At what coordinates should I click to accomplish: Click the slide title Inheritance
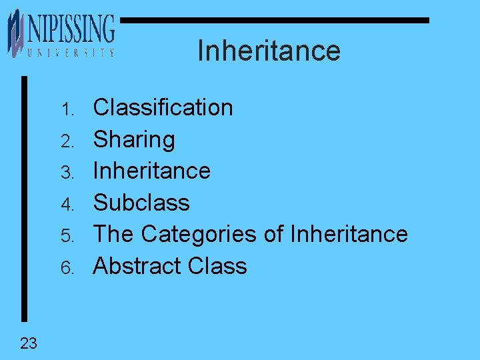269,51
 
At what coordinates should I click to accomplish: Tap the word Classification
163,107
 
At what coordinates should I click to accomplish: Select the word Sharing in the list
134,139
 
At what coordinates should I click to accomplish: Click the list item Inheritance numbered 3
151,171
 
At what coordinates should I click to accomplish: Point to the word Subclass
141,202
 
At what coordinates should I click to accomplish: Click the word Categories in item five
199,234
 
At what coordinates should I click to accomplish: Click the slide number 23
29,343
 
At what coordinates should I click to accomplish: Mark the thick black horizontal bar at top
273,21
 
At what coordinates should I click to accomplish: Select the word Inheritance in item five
349,234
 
